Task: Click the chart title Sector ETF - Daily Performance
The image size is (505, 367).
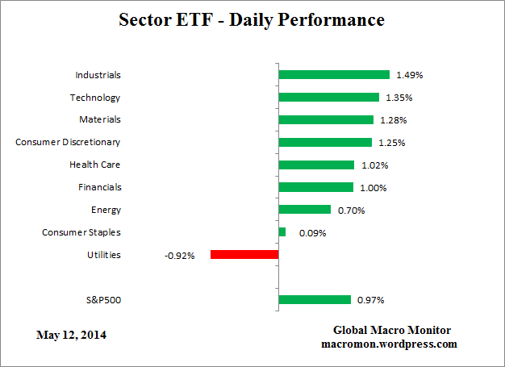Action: point(252,19)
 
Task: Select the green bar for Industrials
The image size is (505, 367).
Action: point(334,75)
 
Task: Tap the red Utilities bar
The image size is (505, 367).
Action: point(244,255)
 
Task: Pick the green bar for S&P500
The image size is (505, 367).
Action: point(315,300)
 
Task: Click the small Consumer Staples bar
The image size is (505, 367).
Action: point(282,232)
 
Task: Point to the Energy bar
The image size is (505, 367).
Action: point(304,210)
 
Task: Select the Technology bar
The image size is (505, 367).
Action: point(328,98)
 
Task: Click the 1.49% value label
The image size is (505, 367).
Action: point(410,75)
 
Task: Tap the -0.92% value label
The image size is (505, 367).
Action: point(180,256)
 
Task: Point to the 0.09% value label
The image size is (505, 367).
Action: point(312,233)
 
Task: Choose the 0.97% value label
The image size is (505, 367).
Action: point(370,301)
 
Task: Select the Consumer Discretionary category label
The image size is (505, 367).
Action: point(68,142)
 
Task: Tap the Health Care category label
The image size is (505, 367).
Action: point(95,165)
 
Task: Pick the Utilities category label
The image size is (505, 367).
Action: point(103,255)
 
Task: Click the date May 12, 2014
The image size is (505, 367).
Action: point(71,334)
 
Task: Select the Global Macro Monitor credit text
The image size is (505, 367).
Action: point(392,331)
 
